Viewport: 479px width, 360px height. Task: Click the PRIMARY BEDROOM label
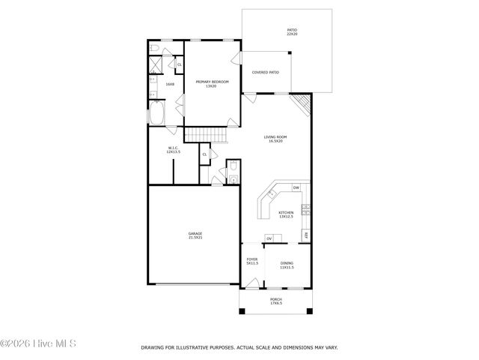coord(211,82)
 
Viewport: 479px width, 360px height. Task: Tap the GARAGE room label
coord(195,233)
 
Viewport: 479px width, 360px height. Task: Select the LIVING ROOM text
coord(275,137)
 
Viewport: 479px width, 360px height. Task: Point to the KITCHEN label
coord(286,213)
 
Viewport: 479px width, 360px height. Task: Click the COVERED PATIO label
coord(265,73)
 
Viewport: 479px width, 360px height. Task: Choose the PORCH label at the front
coord(275,299)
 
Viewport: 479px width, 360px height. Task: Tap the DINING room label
coord(287,263)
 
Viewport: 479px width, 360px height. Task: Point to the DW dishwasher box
coord(296,187)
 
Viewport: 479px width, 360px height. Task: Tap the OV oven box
coord(269,239)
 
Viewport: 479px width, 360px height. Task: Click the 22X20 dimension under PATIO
coord(292,34)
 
